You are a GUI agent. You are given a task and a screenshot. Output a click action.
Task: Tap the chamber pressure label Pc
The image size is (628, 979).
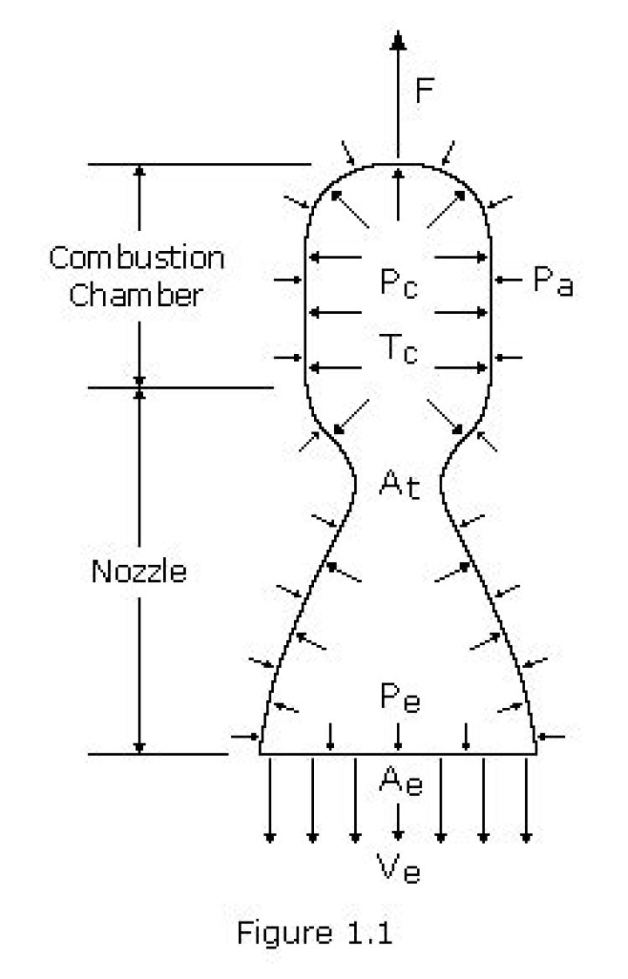click(x=398, y=283)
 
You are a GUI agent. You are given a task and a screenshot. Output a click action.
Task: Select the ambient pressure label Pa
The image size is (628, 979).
click(x=551, y=282)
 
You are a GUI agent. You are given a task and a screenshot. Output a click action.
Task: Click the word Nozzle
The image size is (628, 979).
click(x=139, y=572)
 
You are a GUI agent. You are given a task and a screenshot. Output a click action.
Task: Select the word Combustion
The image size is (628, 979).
click(x=136, y=258)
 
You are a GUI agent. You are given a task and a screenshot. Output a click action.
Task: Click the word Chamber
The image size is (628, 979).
click(x=136, y=294)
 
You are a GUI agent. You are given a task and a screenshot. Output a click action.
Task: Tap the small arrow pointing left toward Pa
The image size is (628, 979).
click(x=508, y=280)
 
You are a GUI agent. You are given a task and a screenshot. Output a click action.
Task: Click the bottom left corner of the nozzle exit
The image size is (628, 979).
click(x=260, y=753)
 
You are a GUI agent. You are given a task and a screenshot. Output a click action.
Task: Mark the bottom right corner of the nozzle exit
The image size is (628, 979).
click(x=536, y=753)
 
